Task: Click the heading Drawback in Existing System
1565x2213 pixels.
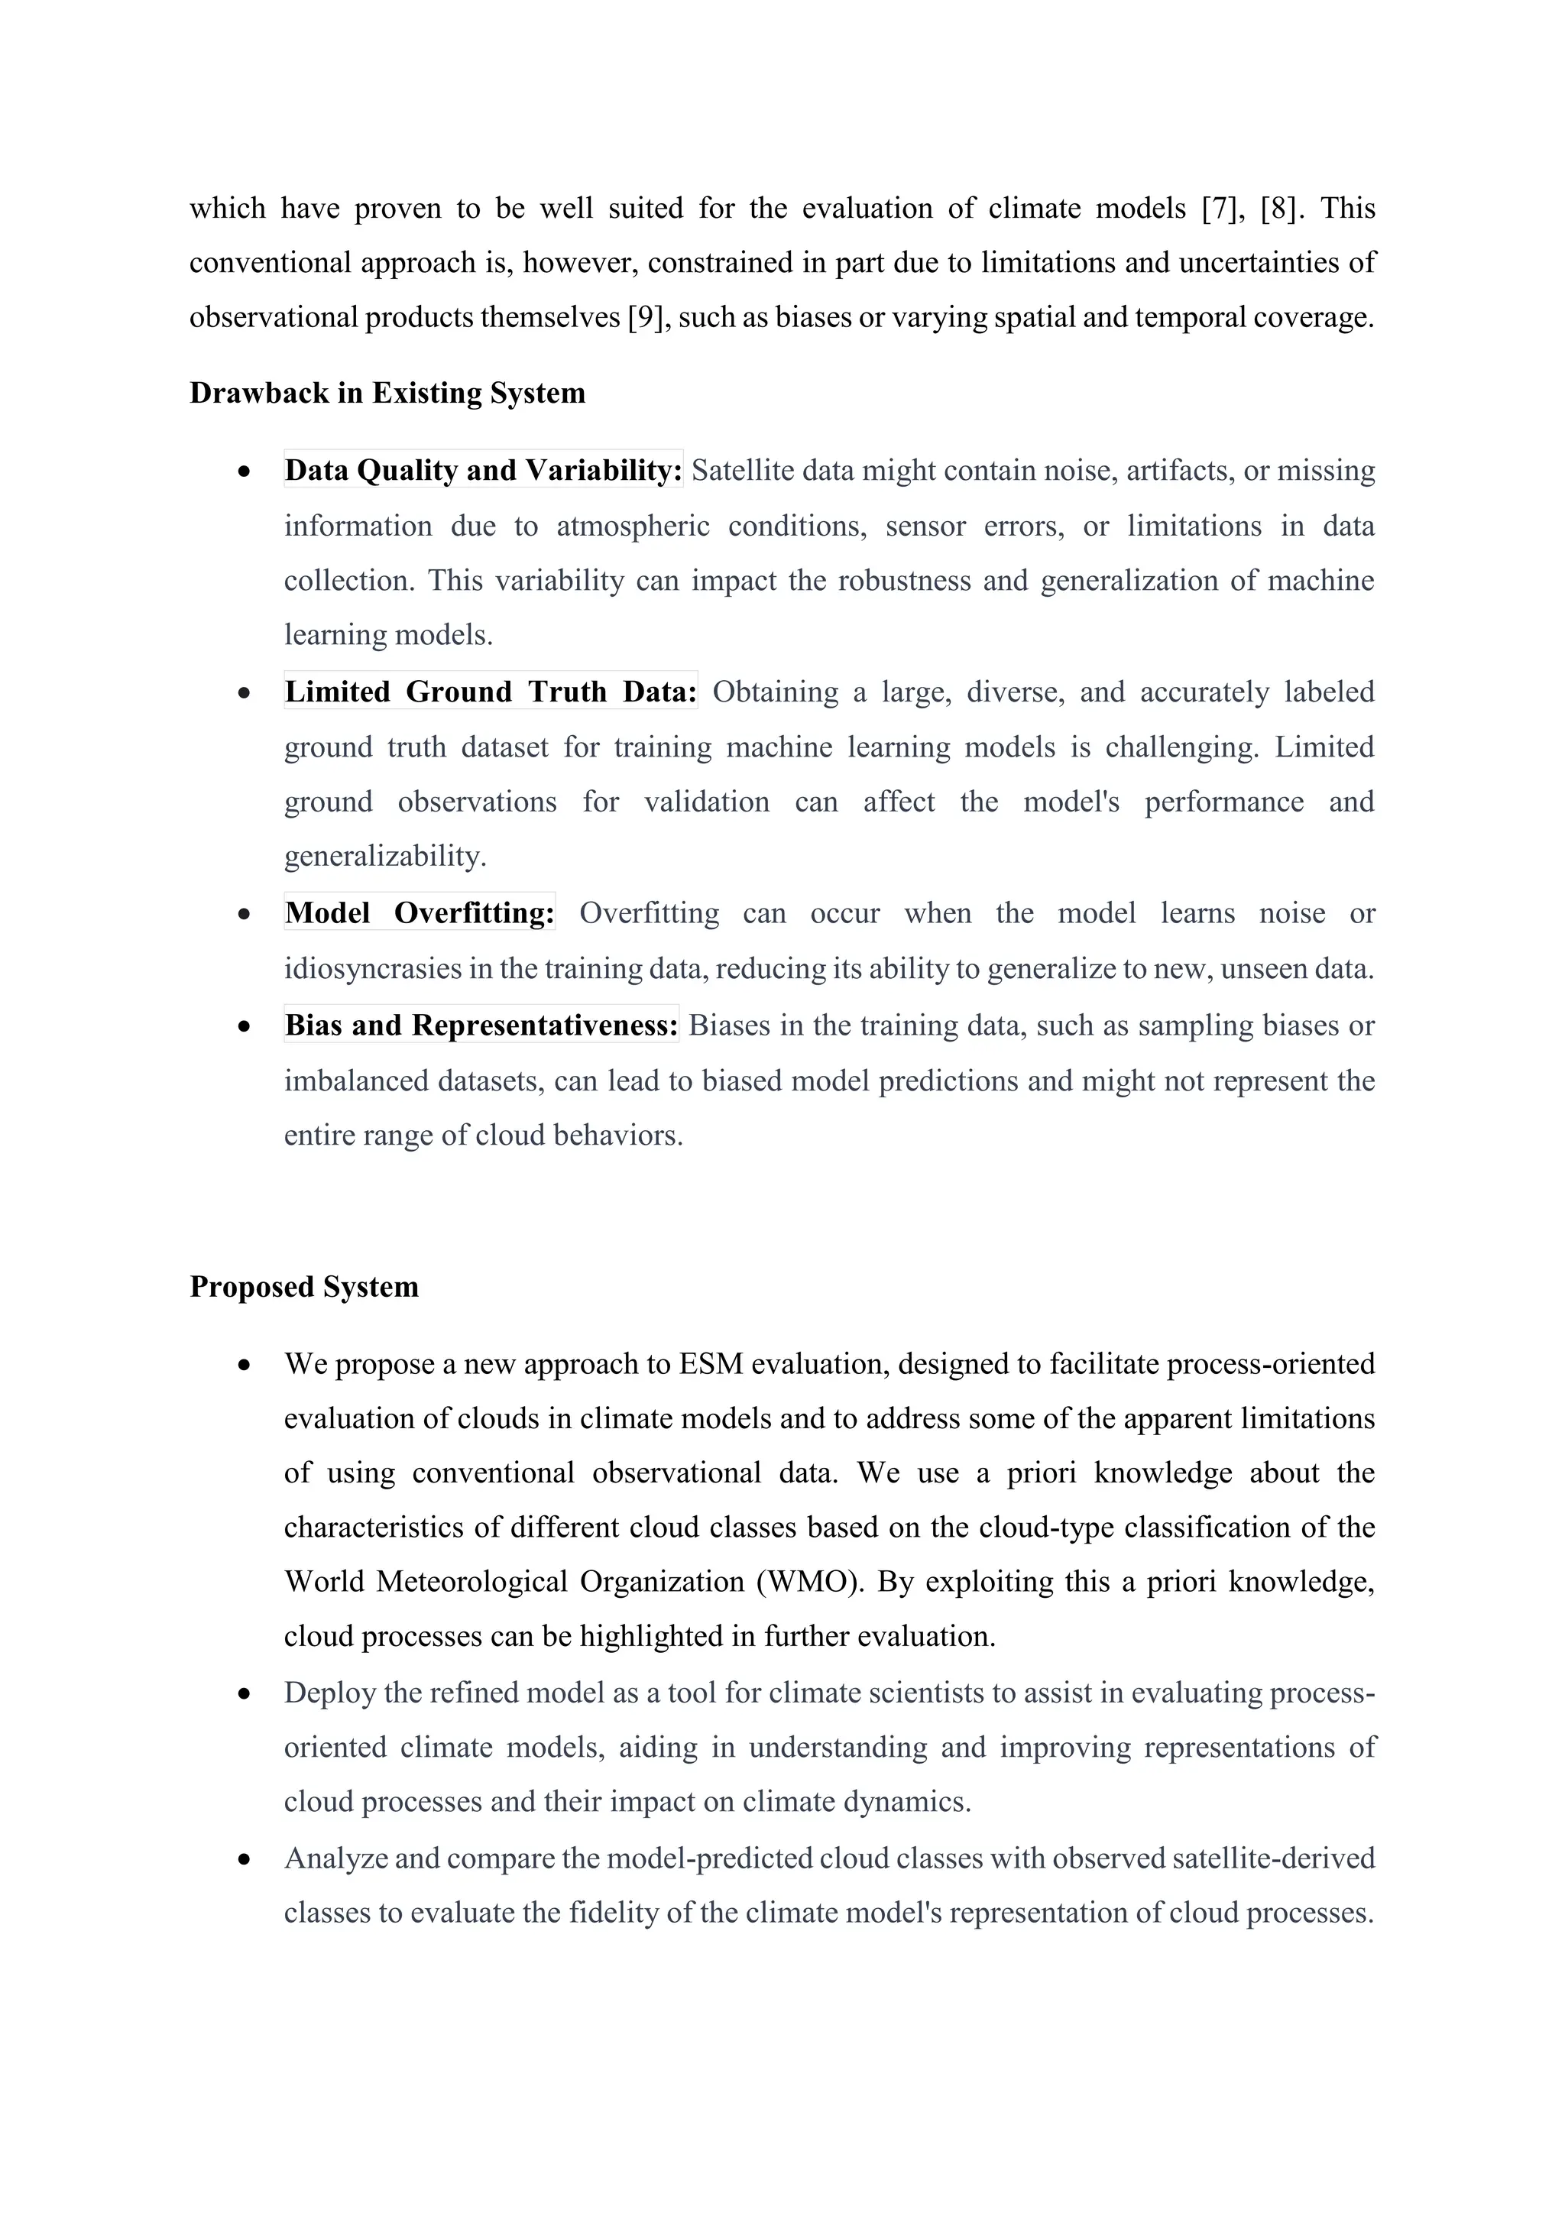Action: coord(387,394)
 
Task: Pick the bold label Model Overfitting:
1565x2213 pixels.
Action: coord(420,912)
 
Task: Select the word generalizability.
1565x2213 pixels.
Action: coord(384,856)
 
